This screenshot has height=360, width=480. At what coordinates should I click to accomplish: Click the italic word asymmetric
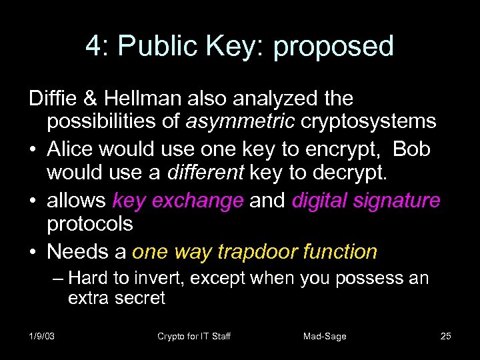tap(241, 122)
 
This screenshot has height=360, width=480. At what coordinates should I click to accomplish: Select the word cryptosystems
tap(369, 122)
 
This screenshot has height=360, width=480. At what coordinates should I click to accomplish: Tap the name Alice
tap(71, 149)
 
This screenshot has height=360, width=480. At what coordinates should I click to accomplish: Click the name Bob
tap(411, 149)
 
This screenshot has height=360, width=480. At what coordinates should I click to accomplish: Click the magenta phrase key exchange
tap(178, 200)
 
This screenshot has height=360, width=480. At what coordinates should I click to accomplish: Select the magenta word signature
tap(401, 200)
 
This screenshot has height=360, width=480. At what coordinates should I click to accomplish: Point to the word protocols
tap(89, 225)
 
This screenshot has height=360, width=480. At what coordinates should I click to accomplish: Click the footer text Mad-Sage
tap(325, 336)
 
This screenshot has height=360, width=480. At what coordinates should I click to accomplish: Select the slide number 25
tap(446, 336)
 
